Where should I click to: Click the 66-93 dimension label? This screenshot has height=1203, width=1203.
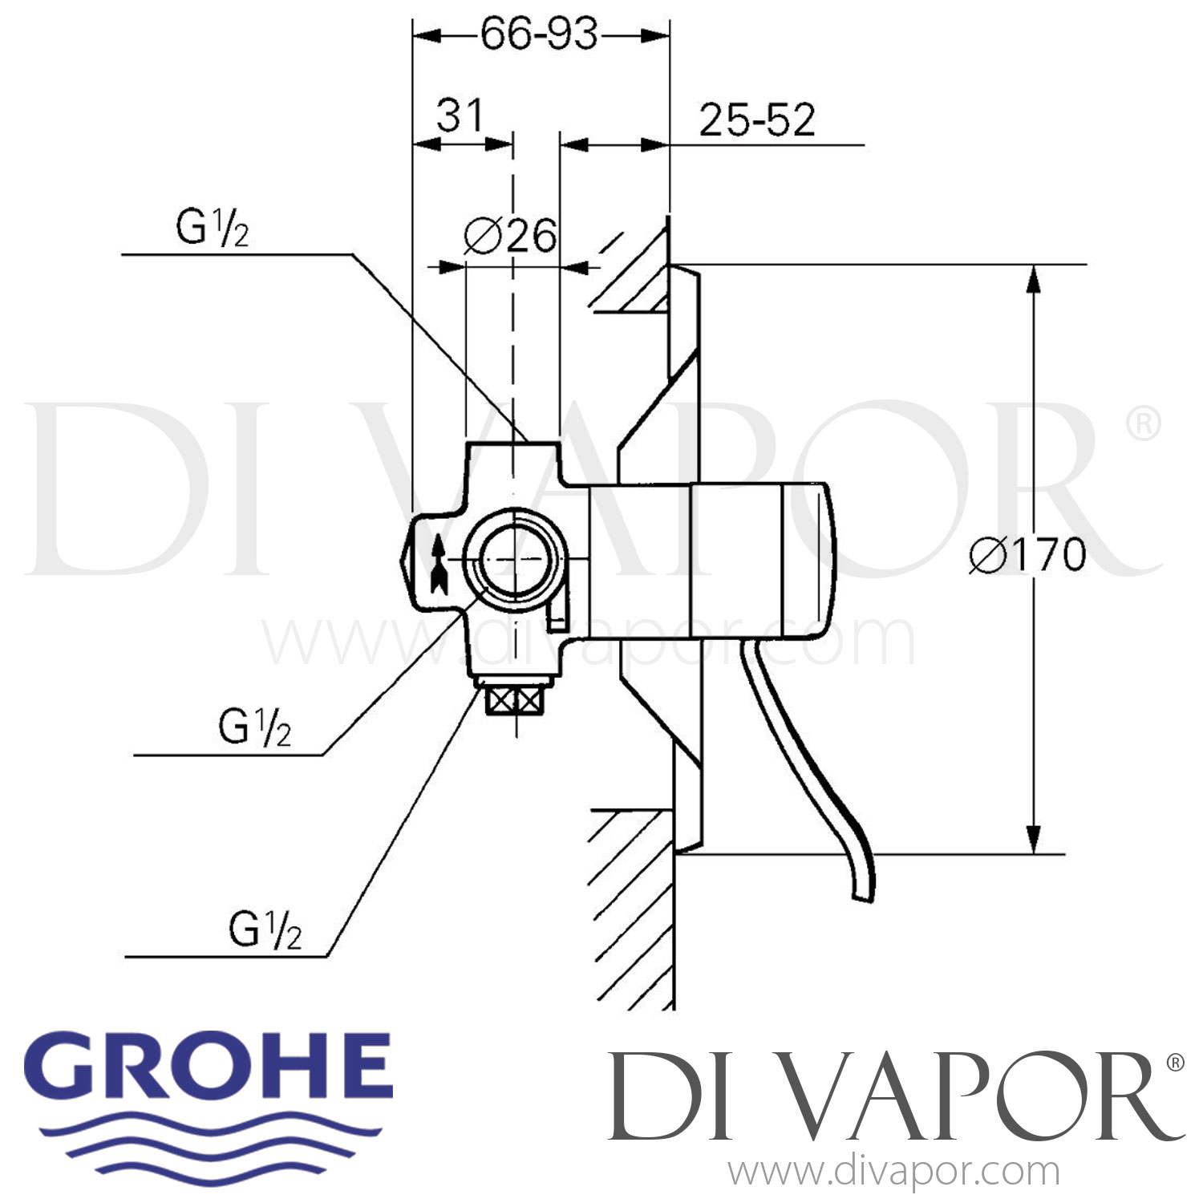[539, 34]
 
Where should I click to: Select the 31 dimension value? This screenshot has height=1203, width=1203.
[460, 115]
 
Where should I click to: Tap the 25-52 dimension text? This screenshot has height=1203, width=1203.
[756, 120]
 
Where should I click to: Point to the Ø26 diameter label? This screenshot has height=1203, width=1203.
[510, 236]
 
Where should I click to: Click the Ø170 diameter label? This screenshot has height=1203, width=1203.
[1027, 555]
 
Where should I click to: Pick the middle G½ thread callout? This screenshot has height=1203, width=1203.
[254, 729]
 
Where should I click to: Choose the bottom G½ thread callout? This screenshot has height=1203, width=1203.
[265, 932]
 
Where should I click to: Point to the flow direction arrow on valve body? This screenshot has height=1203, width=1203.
[438, 565]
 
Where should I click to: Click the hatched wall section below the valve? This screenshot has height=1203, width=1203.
[634, 906]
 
